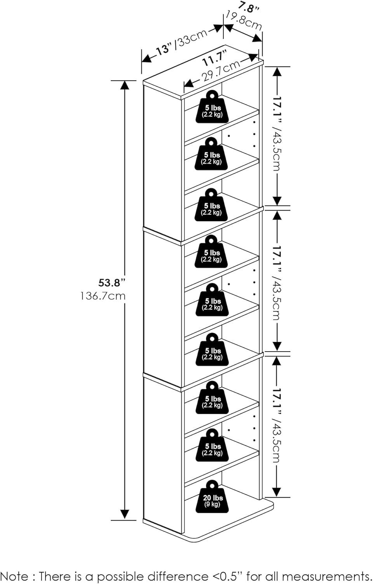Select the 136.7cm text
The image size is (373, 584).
[103, 296]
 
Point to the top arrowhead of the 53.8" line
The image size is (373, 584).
[125, 84]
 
